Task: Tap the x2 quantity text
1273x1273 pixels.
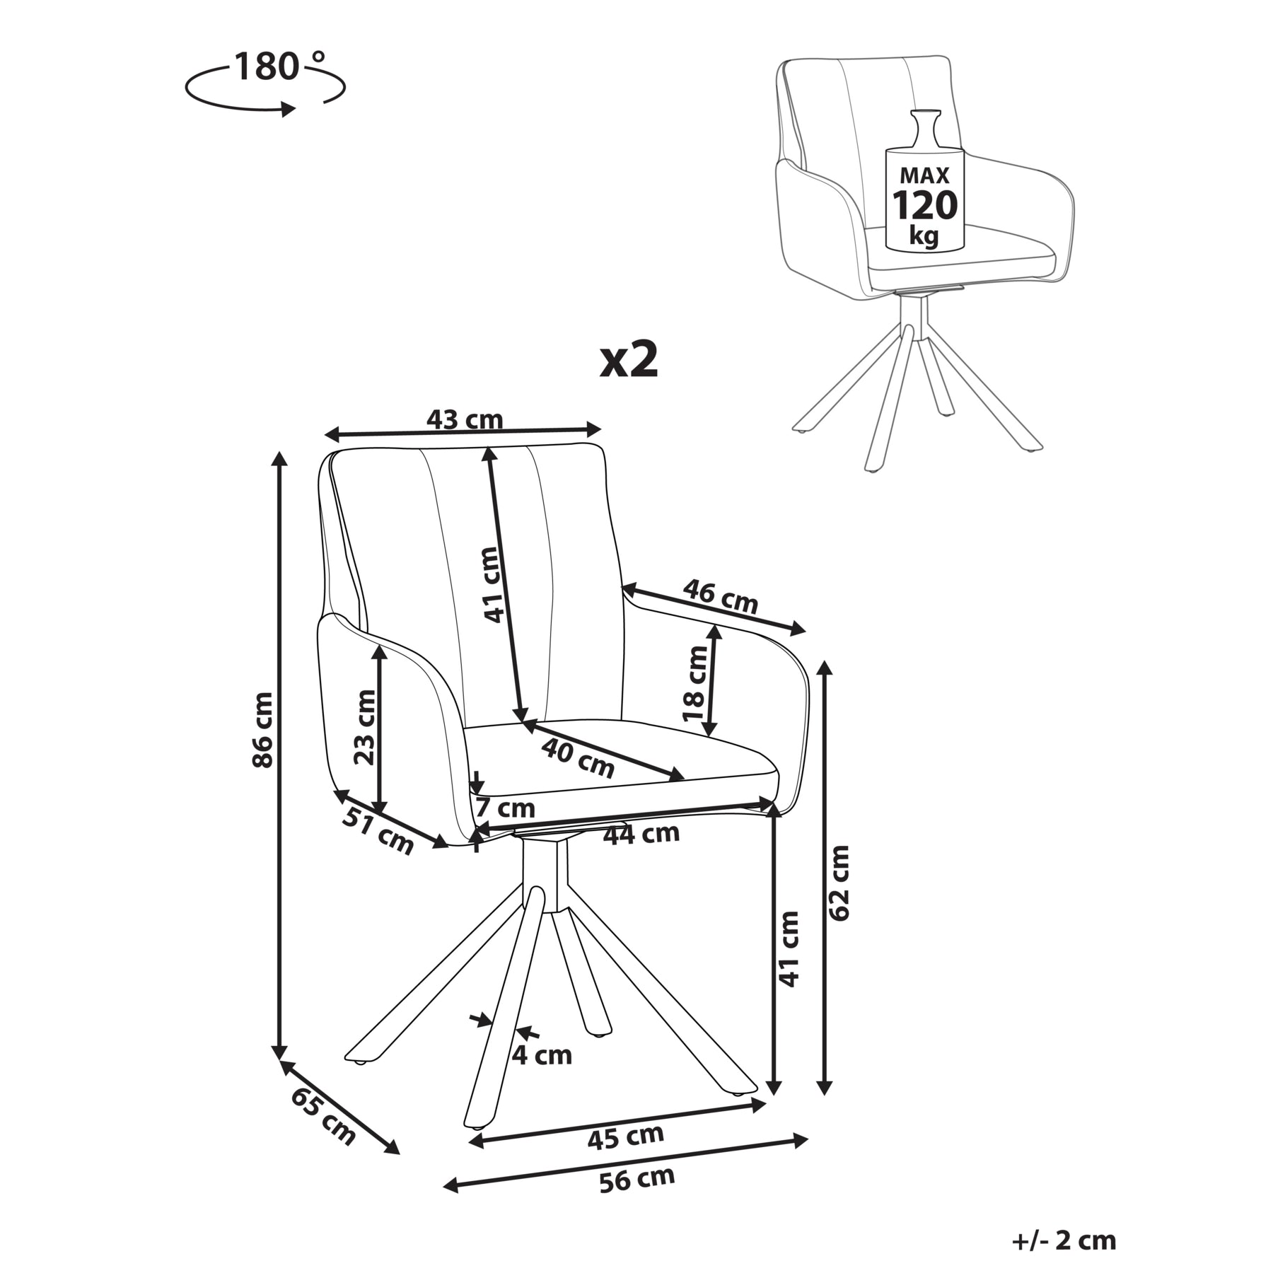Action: pos(629,361)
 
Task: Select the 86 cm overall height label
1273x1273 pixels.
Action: pos(262,729)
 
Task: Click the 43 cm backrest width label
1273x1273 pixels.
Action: pos(465,420)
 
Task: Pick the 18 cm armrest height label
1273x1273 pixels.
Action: pos(695,682)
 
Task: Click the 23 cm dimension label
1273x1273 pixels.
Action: pos(365,727)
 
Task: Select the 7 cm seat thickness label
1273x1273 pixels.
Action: pos(506,808)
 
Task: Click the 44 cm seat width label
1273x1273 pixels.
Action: pos(641,835)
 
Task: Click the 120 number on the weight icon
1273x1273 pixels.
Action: pos(924,206)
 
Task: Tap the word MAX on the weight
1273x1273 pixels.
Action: pos(924,175)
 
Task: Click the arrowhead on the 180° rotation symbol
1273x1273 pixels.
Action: pos(288,109)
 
